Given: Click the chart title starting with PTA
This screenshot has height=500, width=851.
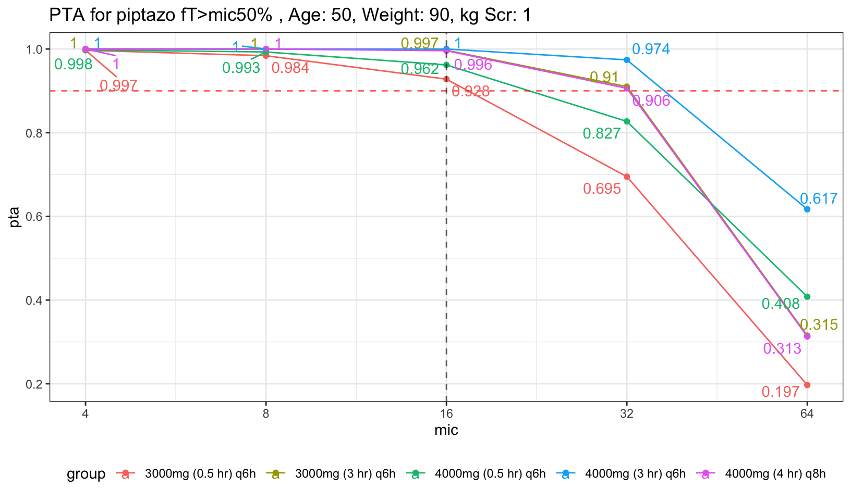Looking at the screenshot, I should point(290,16).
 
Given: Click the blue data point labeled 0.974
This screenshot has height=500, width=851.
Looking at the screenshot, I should point(627,60).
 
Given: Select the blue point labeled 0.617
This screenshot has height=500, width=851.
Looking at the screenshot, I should point(807,209).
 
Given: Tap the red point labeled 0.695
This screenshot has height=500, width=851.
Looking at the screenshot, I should point(627,177).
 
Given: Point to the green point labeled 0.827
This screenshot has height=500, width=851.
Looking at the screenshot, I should point(627,121).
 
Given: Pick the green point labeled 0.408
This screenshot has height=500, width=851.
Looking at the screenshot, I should point(807,297).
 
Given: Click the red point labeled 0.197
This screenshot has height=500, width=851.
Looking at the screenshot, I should point(807,385).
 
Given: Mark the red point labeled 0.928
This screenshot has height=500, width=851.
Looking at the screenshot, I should point(446,79).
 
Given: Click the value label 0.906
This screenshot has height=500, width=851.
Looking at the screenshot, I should point(651,101).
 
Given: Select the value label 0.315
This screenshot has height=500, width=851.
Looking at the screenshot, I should point(819,325).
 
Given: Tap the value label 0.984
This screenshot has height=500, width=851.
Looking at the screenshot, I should point(290,68).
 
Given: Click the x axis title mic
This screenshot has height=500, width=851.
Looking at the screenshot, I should point(446,430).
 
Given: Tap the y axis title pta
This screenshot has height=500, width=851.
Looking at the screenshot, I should point(15,217).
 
